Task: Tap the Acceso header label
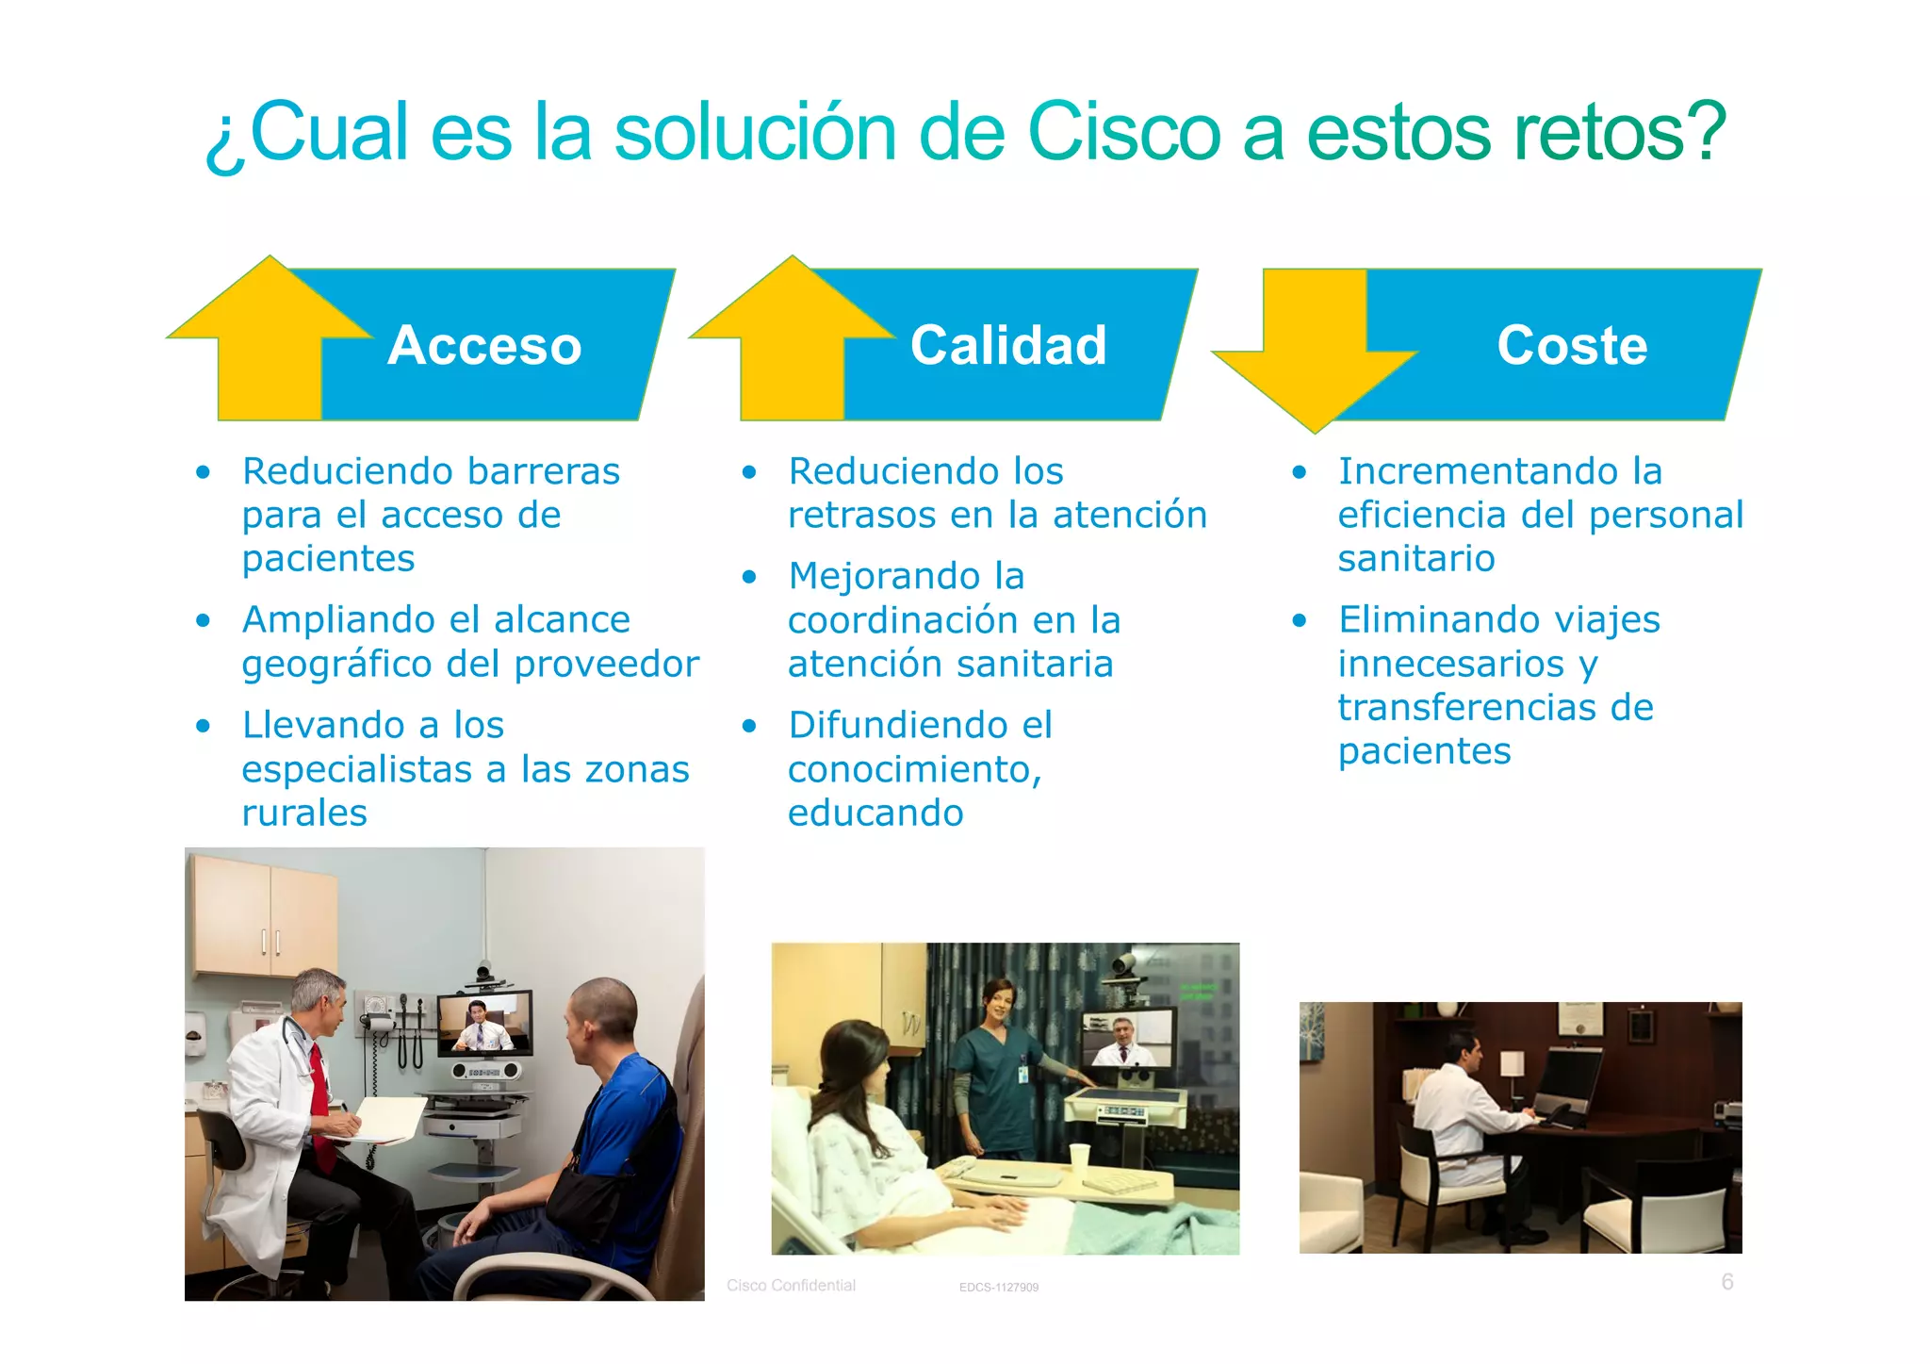pyautogui.click(x=484, y=345)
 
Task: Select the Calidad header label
pyautogui.click(x=1008, y=345)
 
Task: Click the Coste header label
pyautogui.click(x=1572, y=345)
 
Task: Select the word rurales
pyautogui.click(x=304, y=813)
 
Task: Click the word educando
pyautogui.click(x=875, y=813)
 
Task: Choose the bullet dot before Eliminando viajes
pyautogui.click(x=1300, y=620)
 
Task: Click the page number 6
pyautogui.click(x=1726, y=1281)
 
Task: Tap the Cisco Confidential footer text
pyautogui.click(x=791, y=1285)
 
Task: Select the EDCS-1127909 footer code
pyautogui.click(x=998, y=1287)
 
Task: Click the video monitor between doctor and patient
pyautogui.click(x=484, y=1025)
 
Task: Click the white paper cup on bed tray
pyautogui.click(x=1079, y=1157)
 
